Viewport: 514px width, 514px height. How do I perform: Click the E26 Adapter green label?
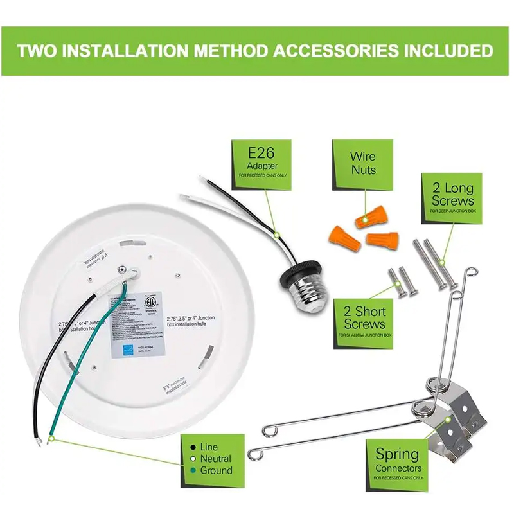click(262, 159)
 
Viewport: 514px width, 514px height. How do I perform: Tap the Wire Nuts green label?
click(363, 164)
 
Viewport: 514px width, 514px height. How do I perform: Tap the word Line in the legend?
click(209, 447)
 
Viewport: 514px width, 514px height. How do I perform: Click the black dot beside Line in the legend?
click(193, 447)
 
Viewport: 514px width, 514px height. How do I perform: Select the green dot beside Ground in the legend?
click(193, 471)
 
